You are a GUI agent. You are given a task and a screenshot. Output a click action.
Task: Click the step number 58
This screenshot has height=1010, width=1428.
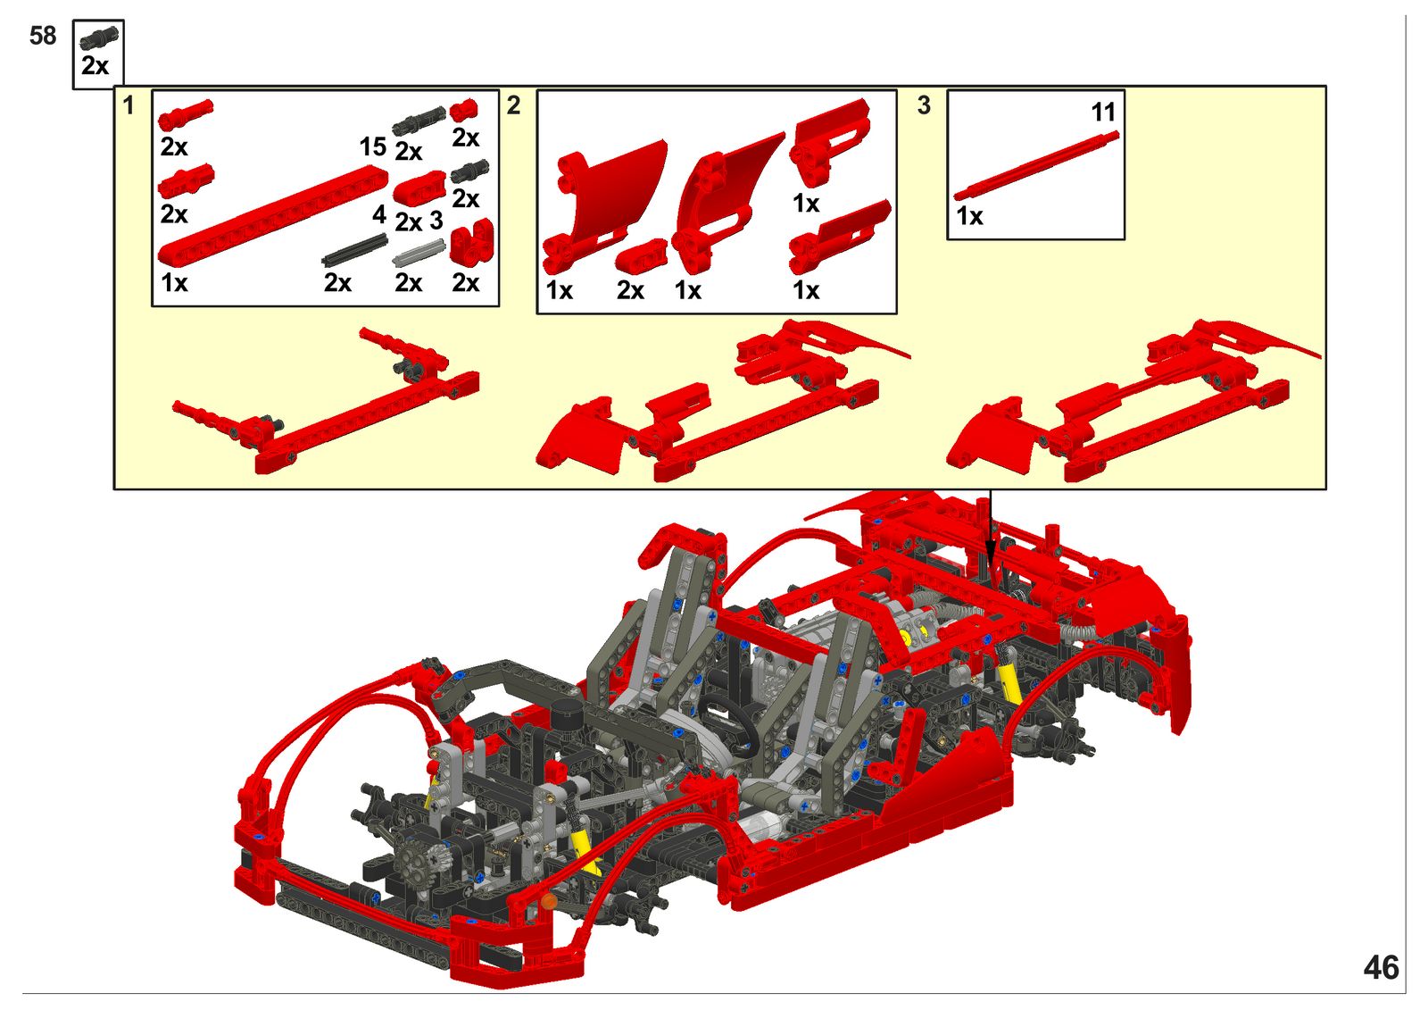click(43, 36)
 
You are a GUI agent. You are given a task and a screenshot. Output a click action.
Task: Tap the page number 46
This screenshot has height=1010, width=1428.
click(1382, 967)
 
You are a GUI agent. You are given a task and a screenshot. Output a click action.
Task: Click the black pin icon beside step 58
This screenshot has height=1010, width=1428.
click(99, 39)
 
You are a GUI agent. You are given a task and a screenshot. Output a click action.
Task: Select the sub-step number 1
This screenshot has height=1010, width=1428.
click(129, 105)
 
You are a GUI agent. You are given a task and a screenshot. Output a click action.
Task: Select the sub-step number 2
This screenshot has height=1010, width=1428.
click(514, 105)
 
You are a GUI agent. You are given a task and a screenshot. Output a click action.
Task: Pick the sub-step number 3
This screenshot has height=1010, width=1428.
click(924, 105)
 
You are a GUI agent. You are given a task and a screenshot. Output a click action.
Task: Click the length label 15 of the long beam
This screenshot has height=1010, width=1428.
click(373, 146)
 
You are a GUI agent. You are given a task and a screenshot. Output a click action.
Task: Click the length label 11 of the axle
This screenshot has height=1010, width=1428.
click(1103, 113)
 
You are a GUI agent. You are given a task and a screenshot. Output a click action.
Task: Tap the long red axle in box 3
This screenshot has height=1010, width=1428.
click(1036, 166)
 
